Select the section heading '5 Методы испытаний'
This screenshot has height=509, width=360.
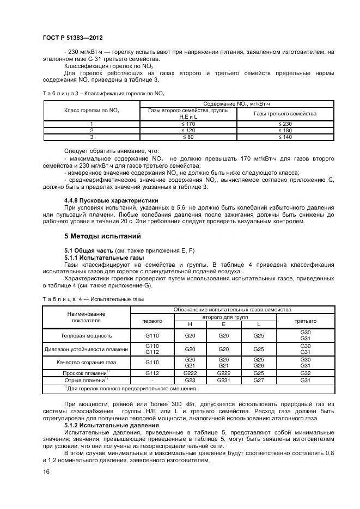[103, 236]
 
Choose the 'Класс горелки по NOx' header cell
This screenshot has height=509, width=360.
[91, 111]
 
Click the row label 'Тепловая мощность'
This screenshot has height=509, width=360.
[86, 335]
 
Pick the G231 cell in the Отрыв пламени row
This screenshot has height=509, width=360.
[224, 381]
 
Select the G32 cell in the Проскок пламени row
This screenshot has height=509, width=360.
[305, 373]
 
